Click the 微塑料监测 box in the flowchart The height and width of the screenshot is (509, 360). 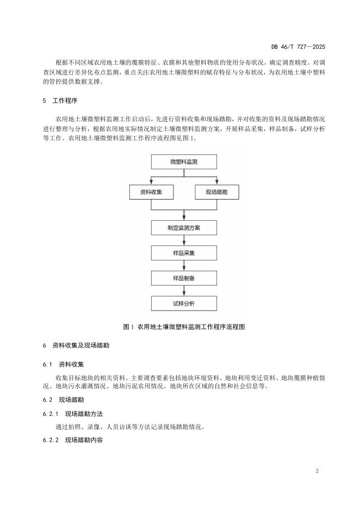(x=184, y=162)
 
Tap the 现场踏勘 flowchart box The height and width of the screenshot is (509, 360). (x=216, y=192)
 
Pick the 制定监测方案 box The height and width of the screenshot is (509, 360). (x=184, y=227)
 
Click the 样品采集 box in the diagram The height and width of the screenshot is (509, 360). (x=184, y=253)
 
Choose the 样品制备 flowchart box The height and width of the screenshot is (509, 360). (x=184, y=278)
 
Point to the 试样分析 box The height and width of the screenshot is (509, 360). (x=184, y=303)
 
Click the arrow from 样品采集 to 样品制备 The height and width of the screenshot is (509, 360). (x=184, y=265)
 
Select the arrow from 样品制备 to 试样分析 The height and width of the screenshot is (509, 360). (x=184, y=290)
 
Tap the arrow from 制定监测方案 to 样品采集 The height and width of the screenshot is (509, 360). (x=184, y=240)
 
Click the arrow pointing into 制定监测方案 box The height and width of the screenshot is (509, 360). (x=184, y=214)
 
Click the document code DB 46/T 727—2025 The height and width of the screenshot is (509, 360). (x=302, y=47)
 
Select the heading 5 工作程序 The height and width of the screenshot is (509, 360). (x=60, y=101)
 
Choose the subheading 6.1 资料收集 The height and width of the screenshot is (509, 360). (x=67, y=364)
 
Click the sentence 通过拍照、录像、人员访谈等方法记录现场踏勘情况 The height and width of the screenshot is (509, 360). (x=130, y=426)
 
